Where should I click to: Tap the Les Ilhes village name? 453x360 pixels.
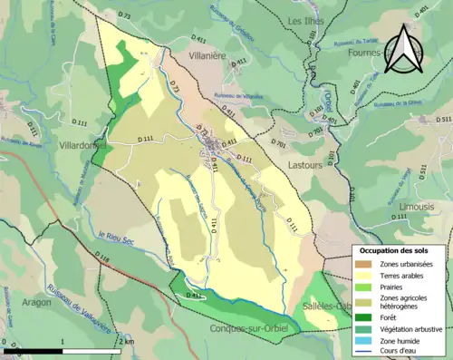click(307, 21)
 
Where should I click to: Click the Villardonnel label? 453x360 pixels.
click(76, 145)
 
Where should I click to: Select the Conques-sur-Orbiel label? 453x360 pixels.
click(246, 328)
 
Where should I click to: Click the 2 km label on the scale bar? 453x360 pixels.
click(123, 341)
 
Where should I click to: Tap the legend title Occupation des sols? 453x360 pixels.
click(397, 249)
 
